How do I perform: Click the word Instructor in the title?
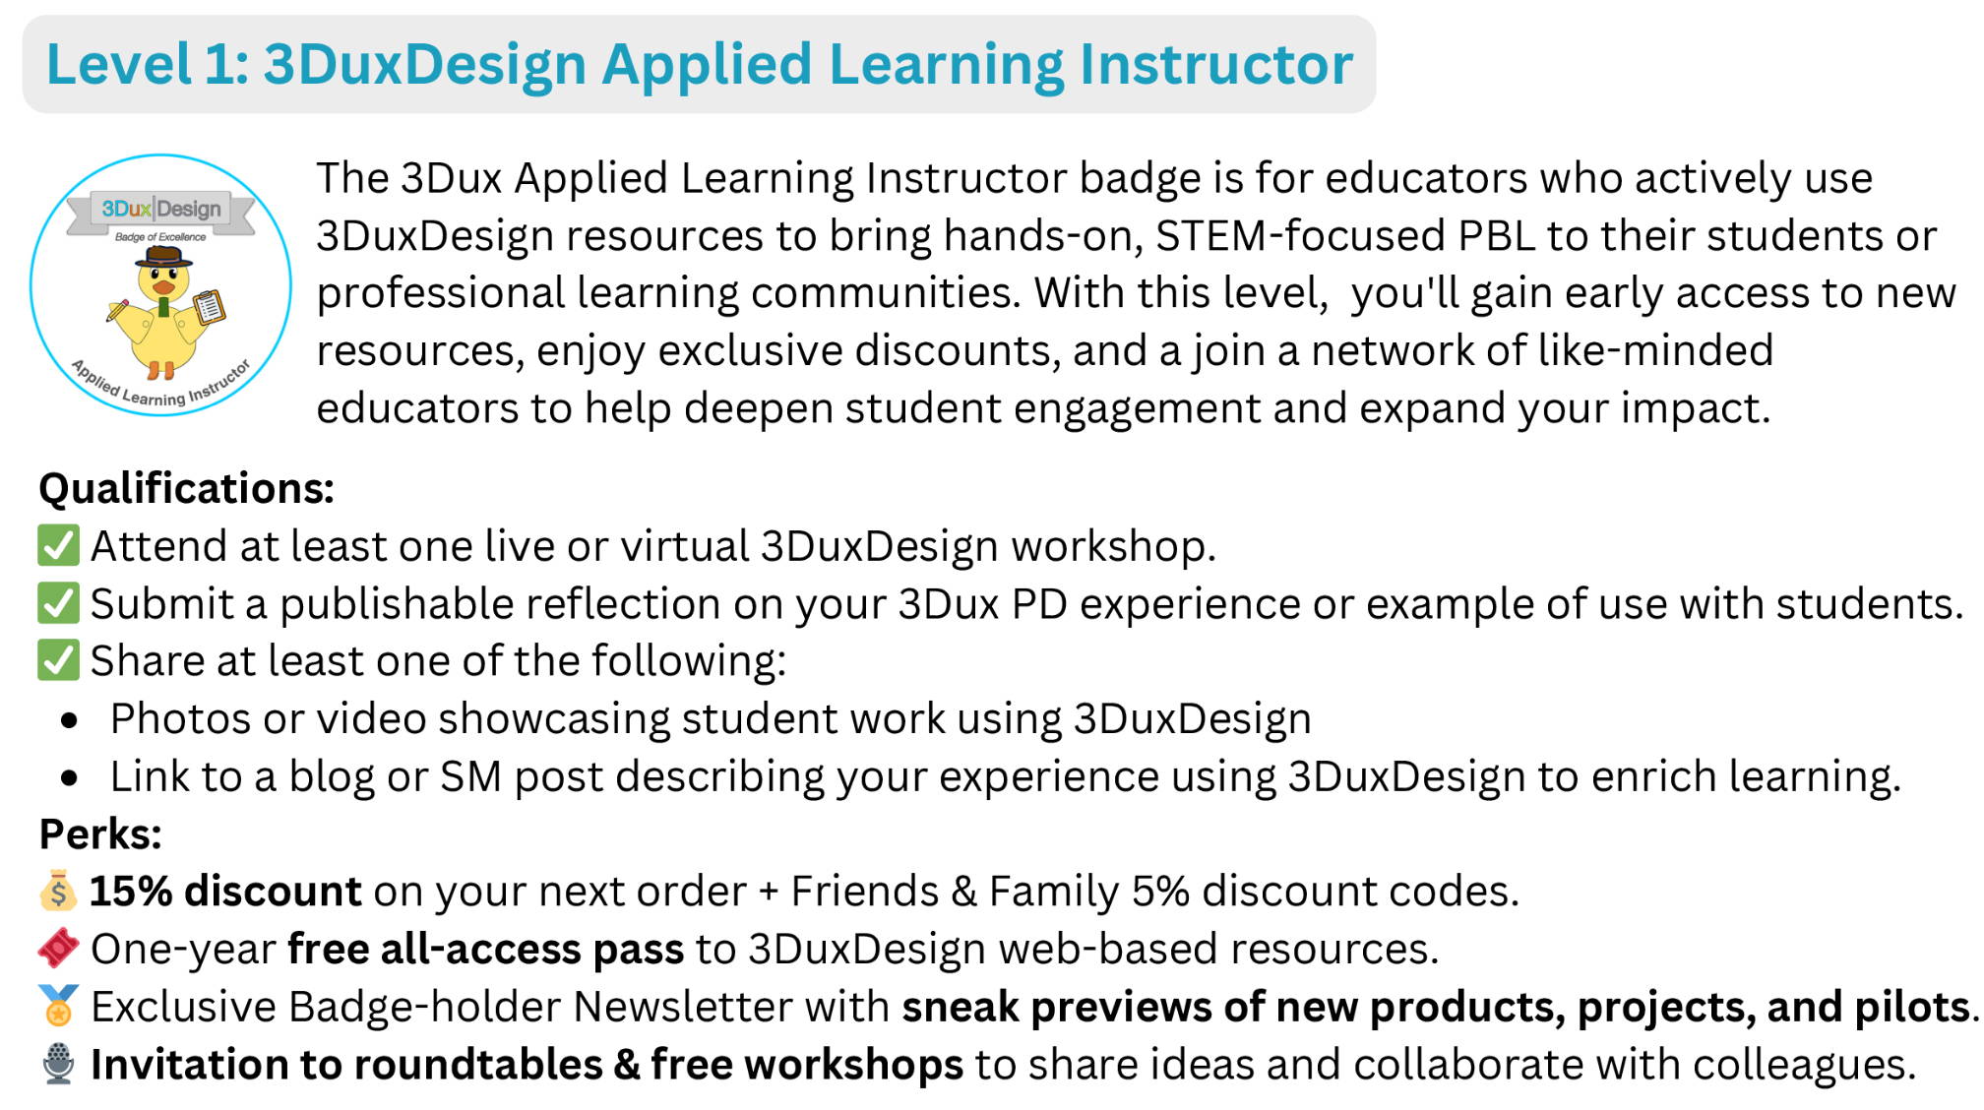[x=1216, y=65]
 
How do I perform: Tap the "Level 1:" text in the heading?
[x=148, y=65]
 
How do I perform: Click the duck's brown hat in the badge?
[x=164, y=258]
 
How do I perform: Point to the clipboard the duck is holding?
[x=210, y=307]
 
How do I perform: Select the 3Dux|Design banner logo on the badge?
[x=161, y=209]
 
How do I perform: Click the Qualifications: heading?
[x=187, y=488]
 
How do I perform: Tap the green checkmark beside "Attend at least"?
[x=58, y=545]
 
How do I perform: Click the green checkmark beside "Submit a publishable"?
[x=58, y=603]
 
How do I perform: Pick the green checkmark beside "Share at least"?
[x=58, y=660]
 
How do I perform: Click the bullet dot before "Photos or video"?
[x=69, y=720]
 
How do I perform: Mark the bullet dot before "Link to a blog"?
[x=69, y=778]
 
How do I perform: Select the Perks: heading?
[x=100, y=834]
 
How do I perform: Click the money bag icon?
[x=58, y=891]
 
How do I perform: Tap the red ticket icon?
[x=58, y=948]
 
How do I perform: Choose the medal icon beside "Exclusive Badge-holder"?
[x=58, y=1006]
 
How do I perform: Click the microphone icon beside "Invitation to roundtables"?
[x=58, y=1064]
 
